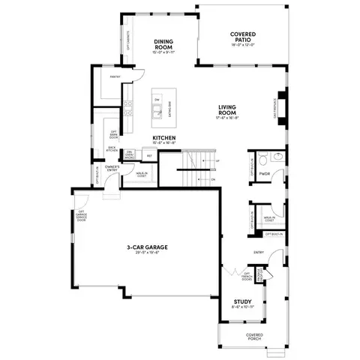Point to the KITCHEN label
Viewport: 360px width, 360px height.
point(164,138)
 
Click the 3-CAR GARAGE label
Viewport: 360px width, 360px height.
point(147,247)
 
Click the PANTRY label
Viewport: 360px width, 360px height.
point(115,76)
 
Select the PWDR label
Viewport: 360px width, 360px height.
point(264,173)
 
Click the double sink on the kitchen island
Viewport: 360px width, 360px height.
point(157,112)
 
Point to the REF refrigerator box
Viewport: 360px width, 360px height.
point(149,156)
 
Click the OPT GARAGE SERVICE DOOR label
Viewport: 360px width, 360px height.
point(81,216)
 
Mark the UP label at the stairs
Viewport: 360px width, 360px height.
point(217,160)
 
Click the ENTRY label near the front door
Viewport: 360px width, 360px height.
point(259,252)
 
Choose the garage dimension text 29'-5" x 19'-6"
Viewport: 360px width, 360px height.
point(147,253)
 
